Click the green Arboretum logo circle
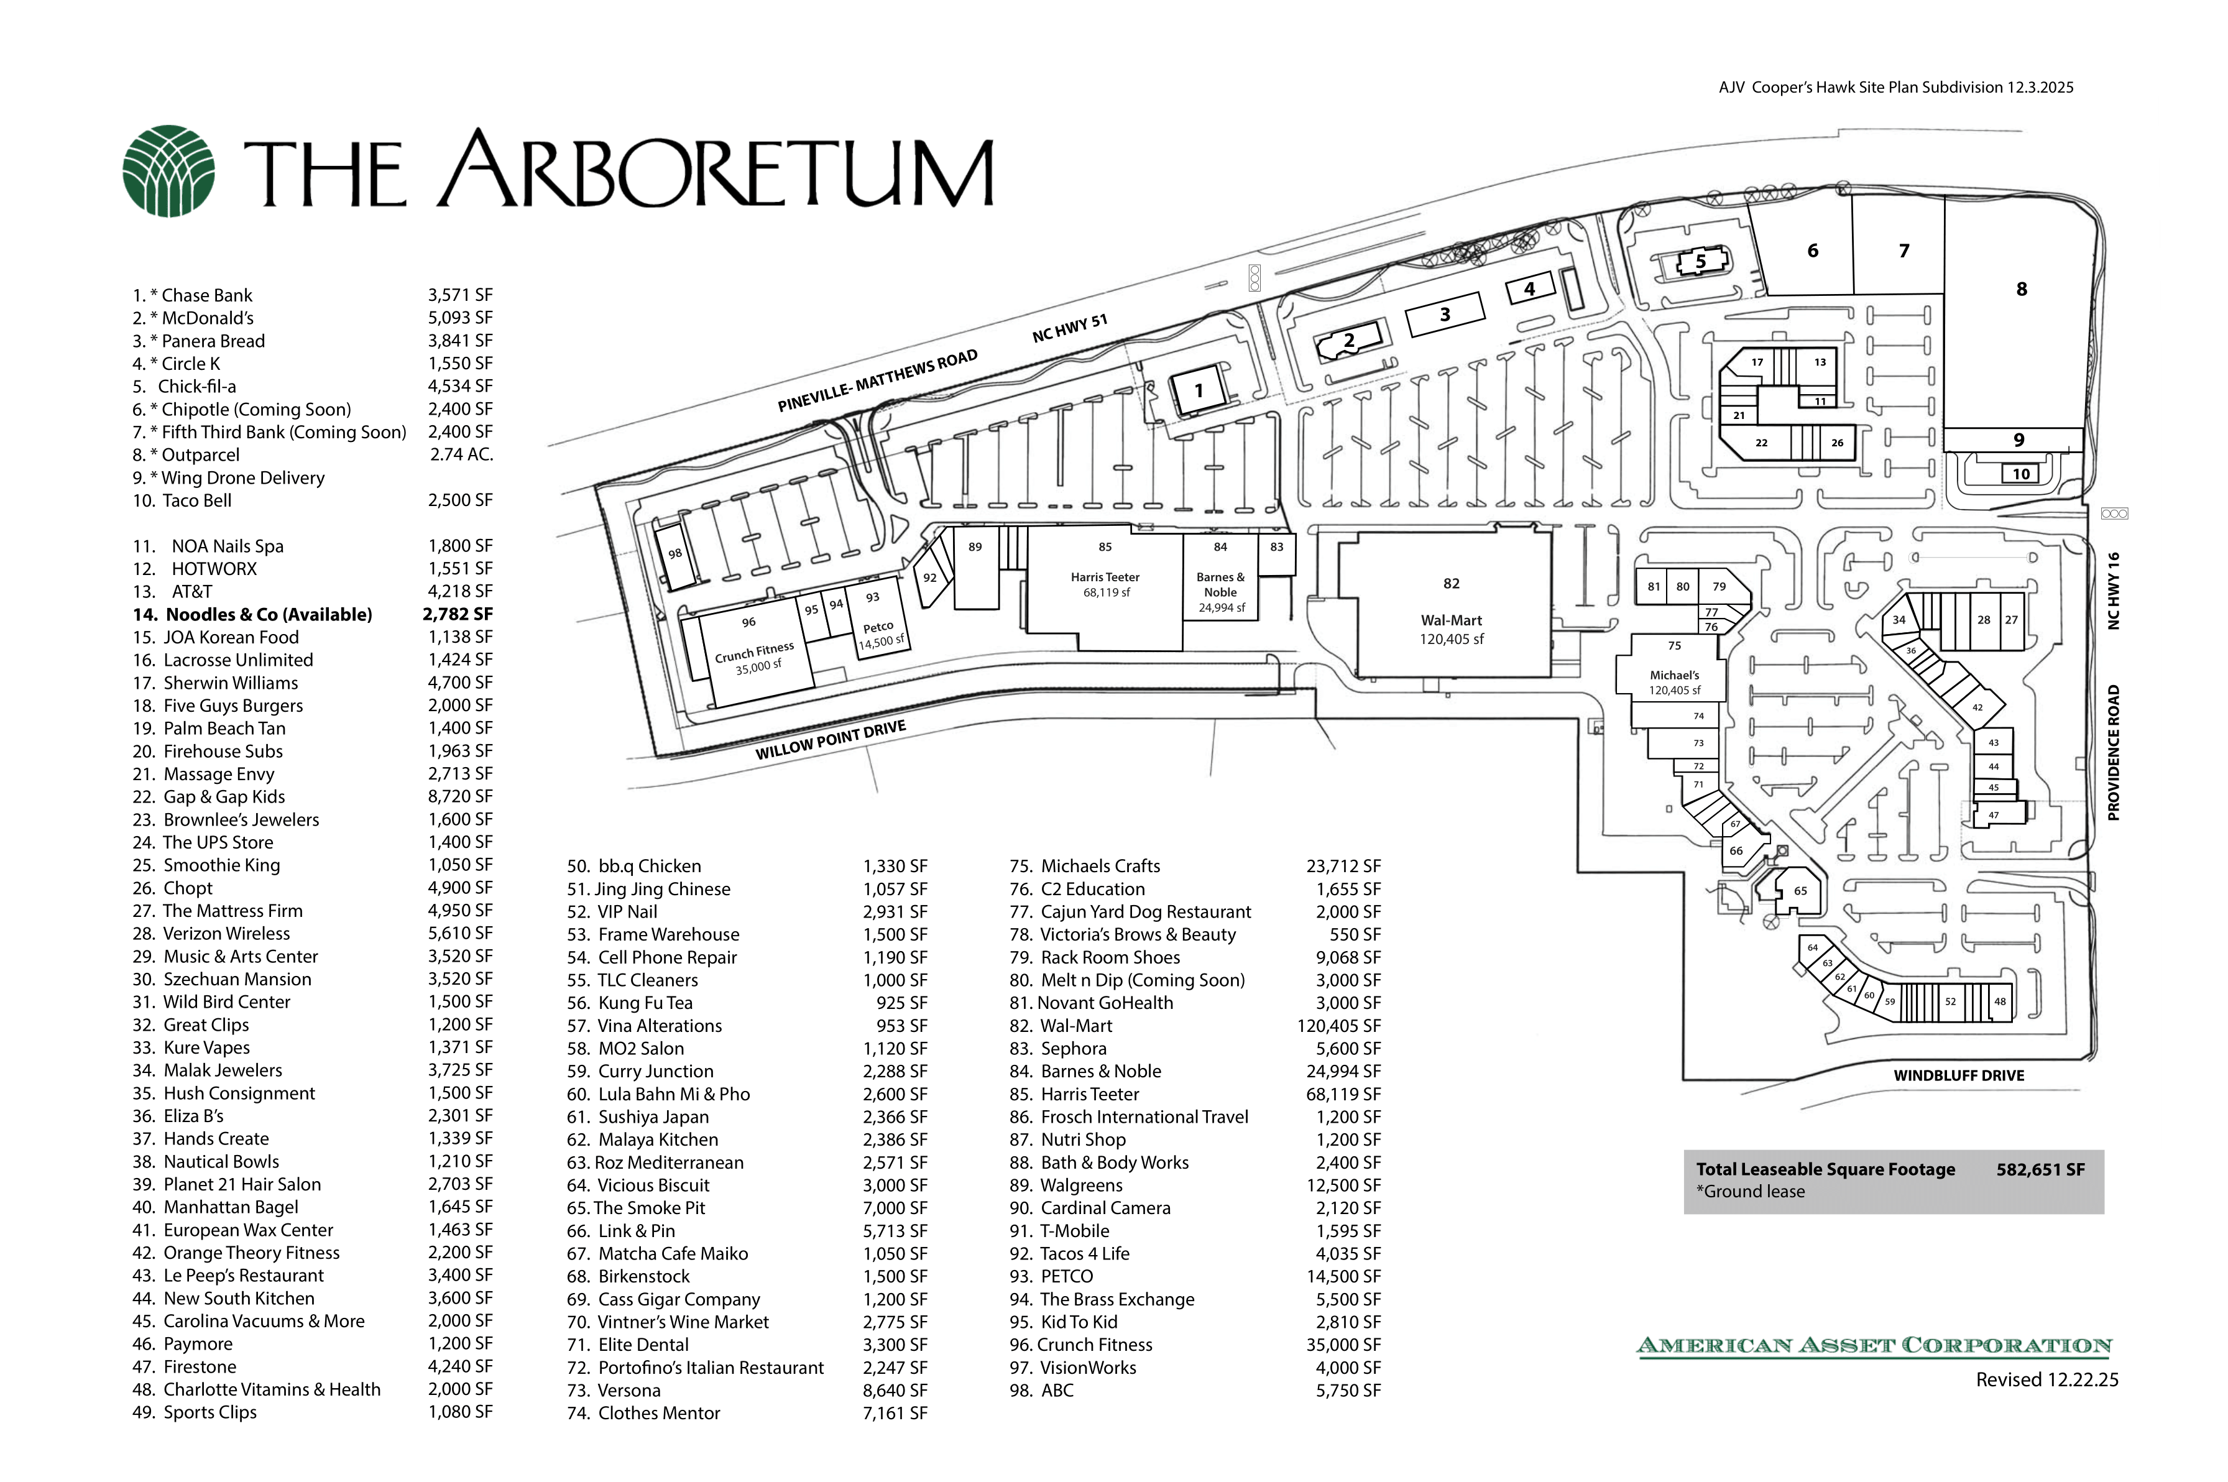click(x=168, y=171)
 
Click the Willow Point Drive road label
click(x=831, y=739)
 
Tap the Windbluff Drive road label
click(x=1959, y=1075)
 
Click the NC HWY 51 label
click(x=1070, y=328)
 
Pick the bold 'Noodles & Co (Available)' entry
click(x=269, y=614)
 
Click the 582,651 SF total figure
click(x=2040, y=1169)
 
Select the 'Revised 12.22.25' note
click(x=2046, y=1380)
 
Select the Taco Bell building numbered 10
click(x=2021, y=474)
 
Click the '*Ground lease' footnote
click(x=1750, y=1192)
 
